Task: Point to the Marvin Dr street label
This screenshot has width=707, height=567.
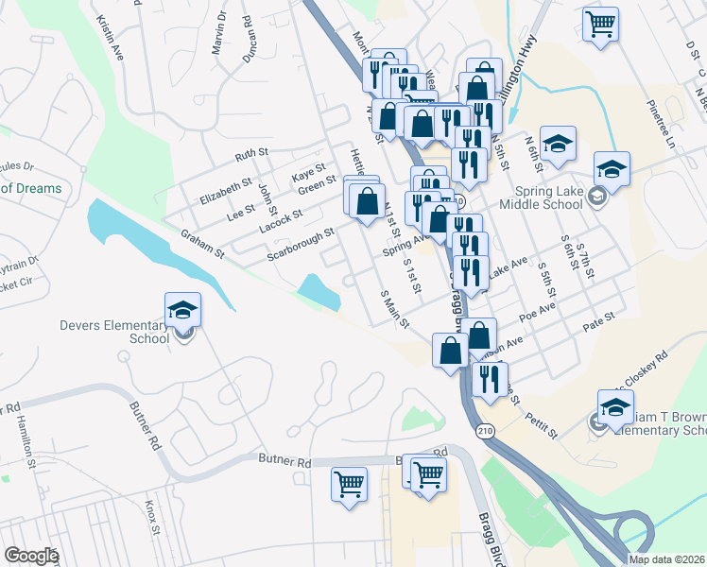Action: pyautogui.click(x=219, y=31)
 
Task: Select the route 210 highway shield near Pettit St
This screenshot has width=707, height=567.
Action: pyautogui.click(x=485, y=431)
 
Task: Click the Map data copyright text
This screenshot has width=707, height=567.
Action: pyautogui.click(x=667, y=559)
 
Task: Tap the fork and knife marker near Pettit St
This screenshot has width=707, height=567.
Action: pyautogui.click(x=489, y=379)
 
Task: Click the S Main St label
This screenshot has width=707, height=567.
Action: pyautogui.click(x=394, y=309)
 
